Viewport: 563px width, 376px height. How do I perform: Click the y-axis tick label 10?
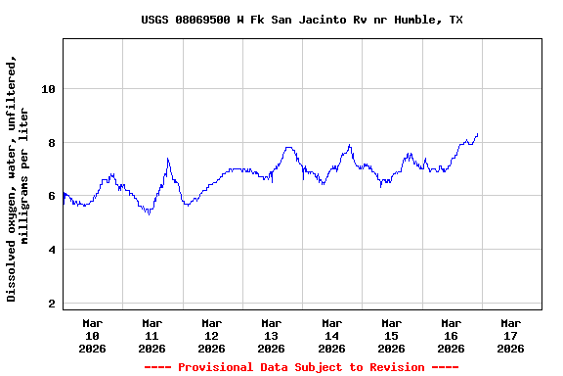click(49, 89)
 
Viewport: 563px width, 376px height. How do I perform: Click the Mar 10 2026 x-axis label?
click(93, 335)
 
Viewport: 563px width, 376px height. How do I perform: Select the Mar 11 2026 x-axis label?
click(152, 335)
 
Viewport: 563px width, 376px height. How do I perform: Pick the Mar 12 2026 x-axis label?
click(212, 335)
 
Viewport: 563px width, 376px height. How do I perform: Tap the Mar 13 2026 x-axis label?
click(272, 335)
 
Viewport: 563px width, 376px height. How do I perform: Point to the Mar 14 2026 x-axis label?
click(331, 335)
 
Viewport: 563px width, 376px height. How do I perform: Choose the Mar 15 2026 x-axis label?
click(391, 335)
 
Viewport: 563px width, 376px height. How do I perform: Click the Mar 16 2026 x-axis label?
click(451, 335)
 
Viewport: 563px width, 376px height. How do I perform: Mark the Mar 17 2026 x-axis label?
click(510, 335)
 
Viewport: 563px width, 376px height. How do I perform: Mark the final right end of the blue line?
click(477, 134)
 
